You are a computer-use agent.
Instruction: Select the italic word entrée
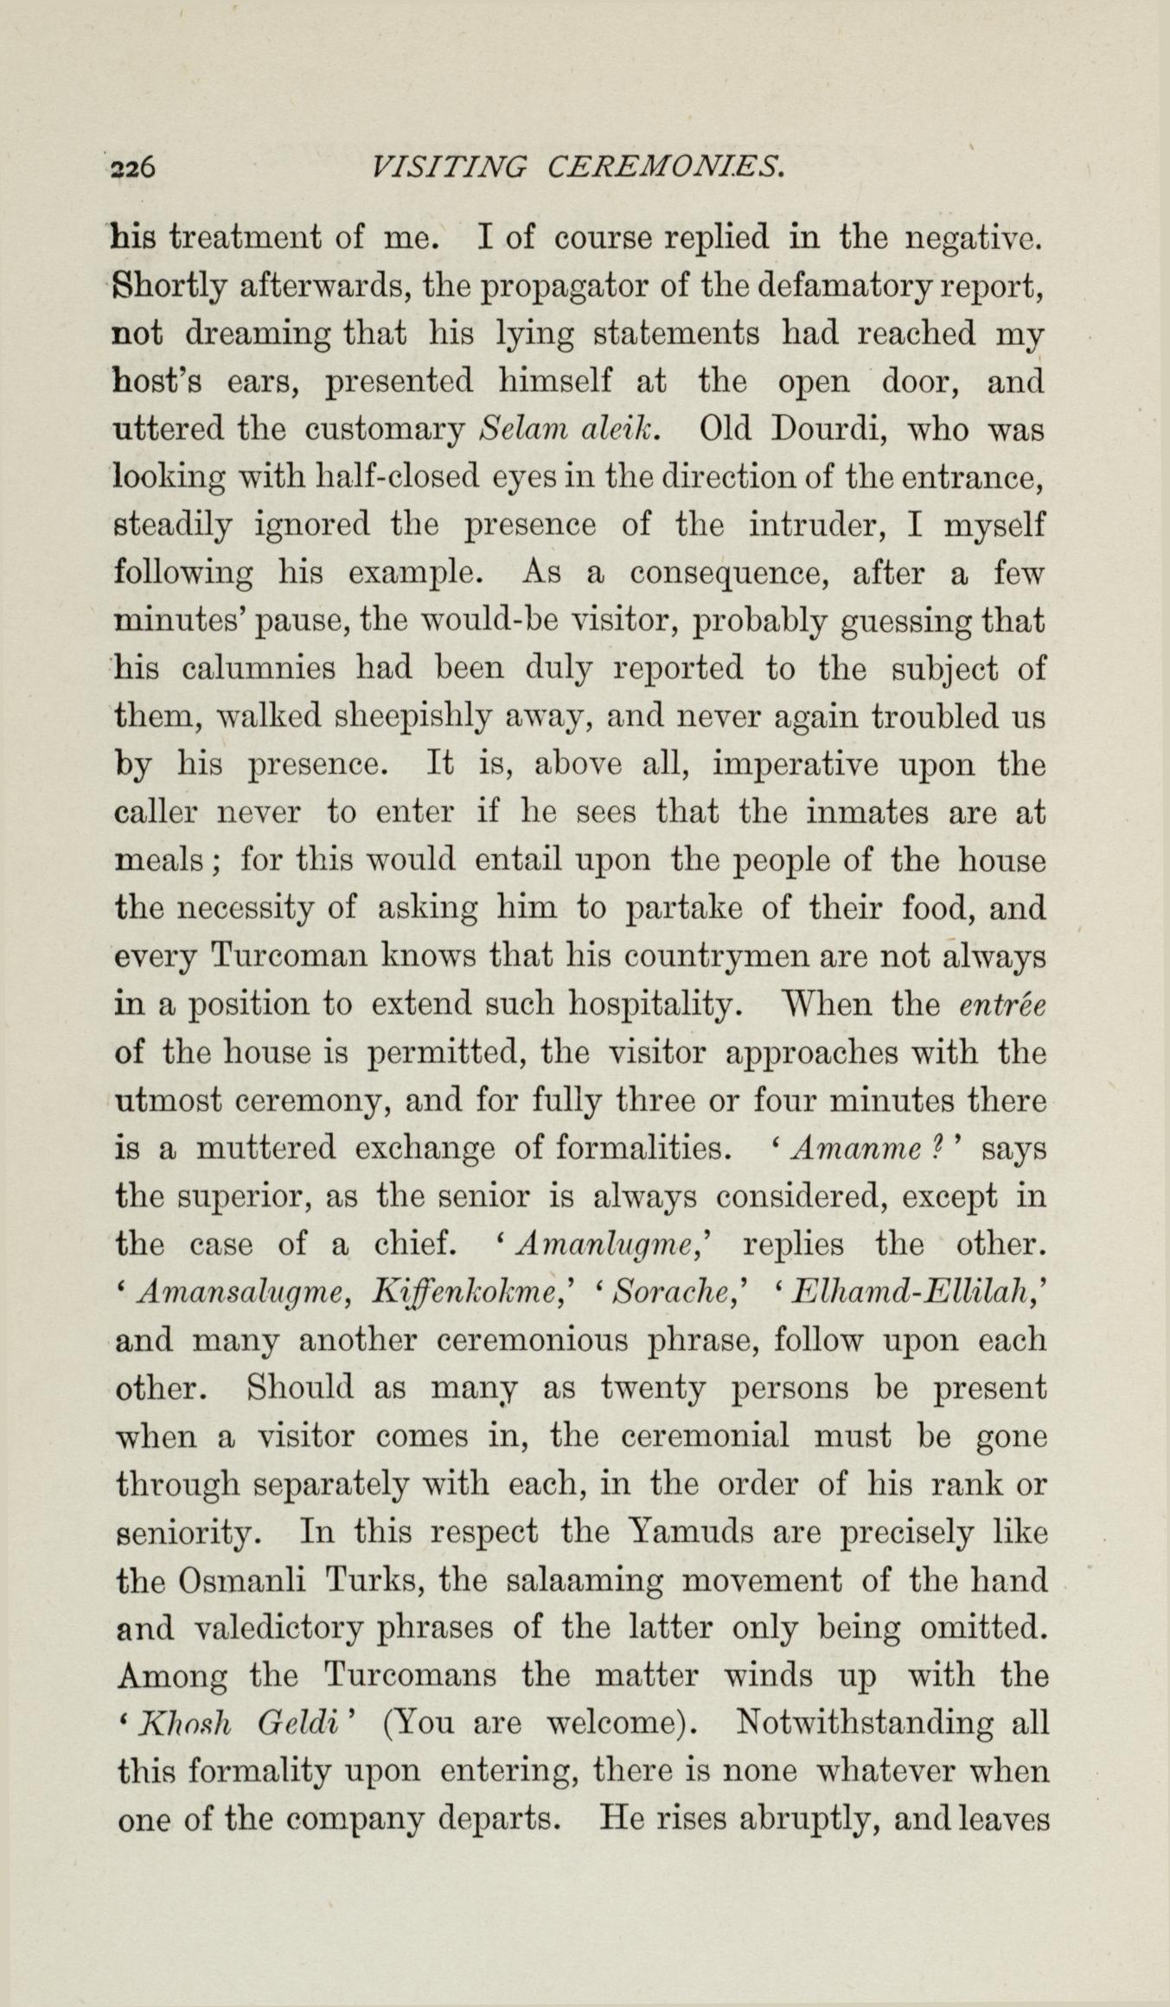coord(1002,1005)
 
